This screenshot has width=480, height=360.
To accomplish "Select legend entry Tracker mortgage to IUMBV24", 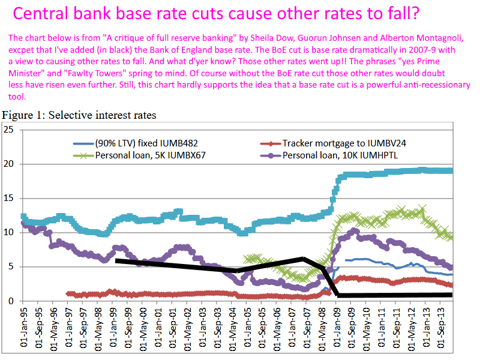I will [x=348, y=144].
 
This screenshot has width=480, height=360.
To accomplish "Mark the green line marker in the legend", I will [x=82, y=155].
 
